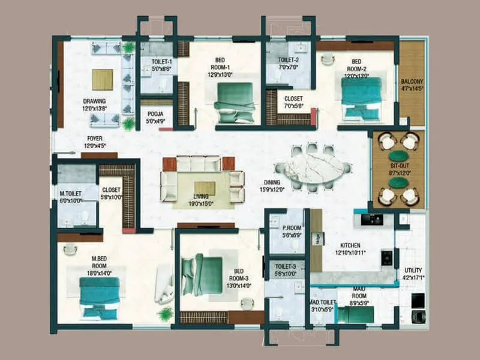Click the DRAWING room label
pos(94,101)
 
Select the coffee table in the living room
pos(204,188)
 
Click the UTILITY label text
pos(413,271)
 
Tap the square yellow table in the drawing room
pos(102,79)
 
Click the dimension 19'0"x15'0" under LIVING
pos(201,204)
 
